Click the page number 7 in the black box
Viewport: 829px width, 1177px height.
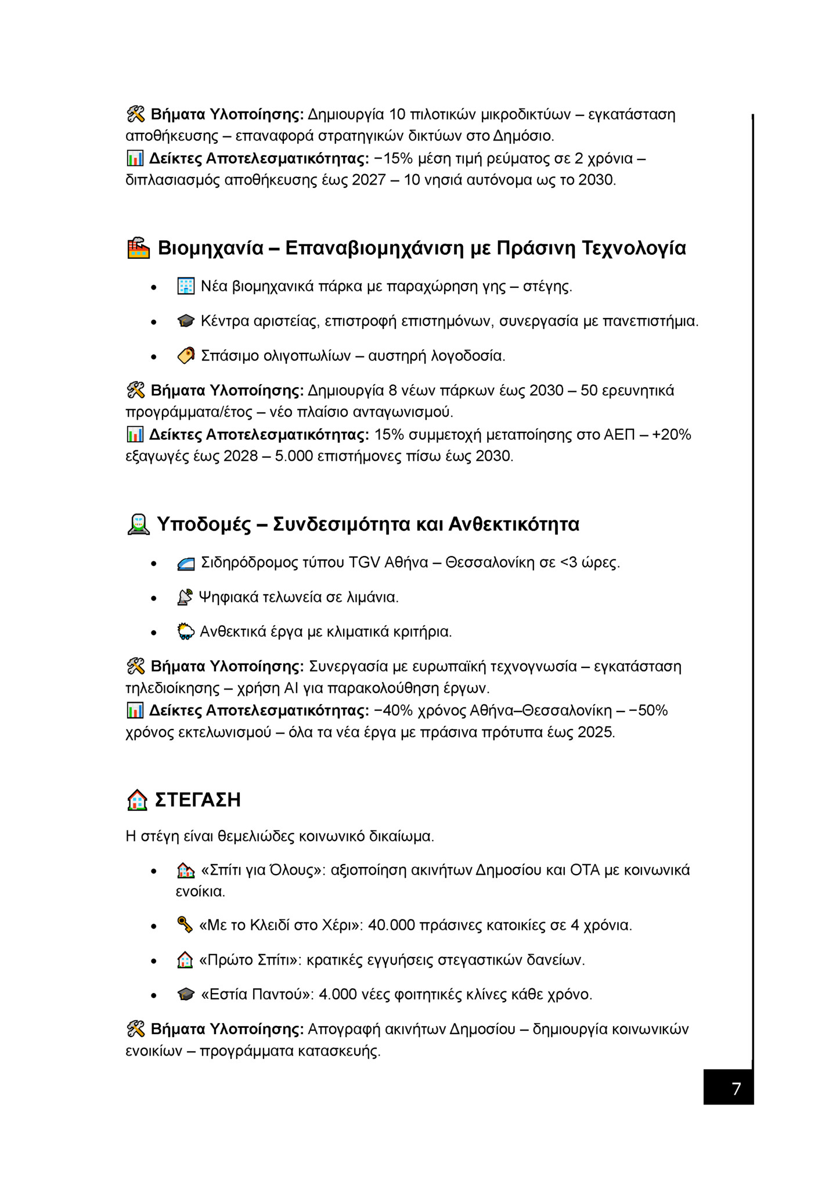point(736,1089)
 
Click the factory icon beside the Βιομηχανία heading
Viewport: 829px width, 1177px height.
point(138,248)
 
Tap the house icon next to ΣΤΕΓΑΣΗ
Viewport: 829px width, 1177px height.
point(137,800)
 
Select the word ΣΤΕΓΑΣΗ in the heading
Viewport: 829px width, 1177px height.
point(197,800)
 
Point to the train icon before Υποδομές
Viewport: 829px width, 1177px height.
point(138,524)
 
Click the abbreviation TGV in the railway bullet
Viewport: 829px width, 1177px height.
point(364,562)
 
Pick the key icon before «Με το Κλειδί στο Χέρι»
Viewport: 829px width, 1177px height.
point(185,925)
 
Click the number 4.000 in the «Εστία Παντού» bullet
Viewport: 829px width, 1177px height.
point(338,994)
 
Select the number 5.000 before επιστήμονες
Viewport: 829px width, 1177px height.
point(294,456)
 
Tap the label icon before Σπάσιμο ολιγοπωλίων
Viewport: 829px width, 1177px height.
point(186,355)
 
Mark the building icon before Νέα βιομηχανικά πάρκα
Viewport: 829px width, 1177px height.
point(186,286)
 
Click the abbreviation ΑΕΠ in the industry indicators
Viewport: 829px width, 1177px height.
point(619,435)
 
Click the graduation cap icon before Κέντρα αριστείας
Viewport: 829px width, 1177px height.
point(186,321)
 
